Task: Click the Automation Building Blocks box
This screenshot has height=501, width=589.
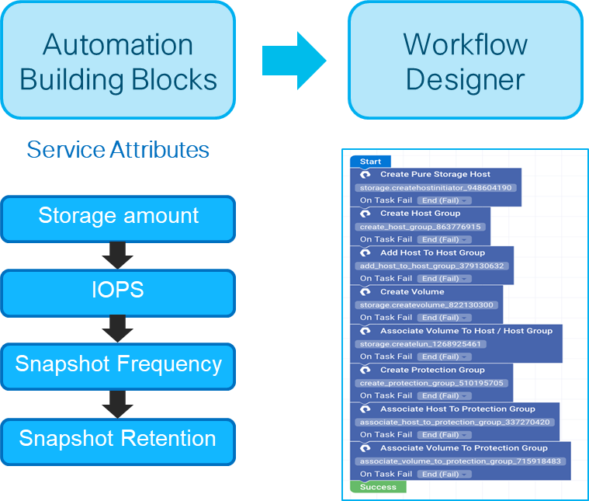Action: [118, 61]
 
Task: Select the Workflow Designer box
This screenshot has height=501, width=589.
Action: [465, 61]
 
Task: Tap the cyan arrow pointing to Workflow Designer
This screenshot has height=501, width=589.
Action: [294, 61]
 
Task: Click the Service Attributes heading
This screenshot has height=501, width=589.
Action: [118, 149]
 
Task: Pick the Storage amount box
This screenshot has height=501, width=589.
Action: [118, 217]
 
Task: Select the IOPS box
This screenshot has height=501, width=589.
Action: [118, 292]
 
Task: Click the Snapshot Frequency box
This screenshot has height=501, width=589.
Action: [118, 365]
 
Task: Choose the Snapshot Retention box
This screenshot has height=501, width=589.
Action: [118, 440]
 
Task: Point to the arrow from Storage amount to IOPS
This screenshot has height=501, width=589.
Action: [118, 255]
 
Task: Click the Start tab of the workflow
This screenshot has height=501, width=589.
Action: [370, 162]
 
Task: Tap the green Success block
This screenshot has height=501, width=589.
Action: [378, 487]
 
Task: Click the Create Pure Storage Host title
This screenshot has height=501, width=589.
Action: [435, 175]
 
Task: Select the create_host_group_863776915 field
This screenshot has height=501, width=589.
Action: [421, 227]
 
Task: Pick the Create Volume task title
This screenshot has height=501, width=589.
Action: [411, 291]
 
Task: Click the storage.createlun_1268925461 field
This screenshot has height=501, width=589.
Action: [421, 344]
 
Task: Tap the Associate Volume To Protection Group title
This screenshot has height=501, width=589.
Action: [463, 448]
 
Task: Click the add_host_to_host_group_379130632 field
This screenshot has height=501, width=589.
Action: [432, 266]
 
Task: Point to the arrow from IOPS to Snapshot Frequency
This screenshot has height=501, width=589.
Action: [118, 329]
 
